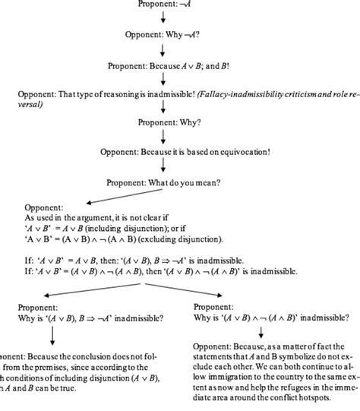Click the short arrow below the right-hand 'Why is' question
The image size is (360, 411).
coord(260,332)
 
